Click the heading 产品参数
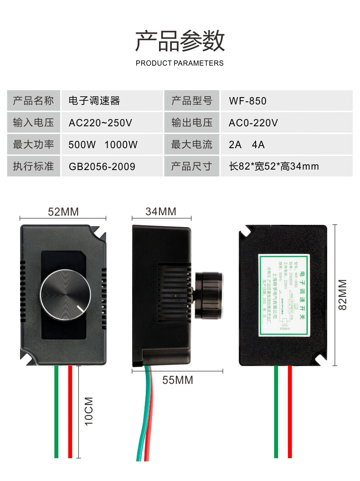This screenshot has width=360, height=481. pos(180,41)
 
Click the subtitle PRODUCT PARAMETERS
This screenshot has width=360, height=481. pos(180,63)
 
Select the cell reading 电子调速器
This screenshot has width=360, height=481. pos(94,101)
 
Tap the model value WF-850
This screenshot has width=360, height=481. pos(247,101)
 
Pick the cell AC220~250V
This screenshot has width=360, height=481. pos(100,123)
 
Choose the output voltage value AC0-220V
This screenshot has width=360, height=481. pos(253,123)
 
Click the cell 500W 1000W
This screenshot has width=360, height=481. pos(103,145)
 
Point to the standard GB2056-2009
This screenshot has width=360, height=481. pos(102,166)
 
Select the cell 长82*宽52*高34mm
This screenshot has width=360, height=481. pos(273,166)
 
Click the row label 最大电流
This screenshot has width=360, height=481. pos(192,145)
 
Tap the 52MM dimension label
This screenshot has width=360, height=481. pos(63,212)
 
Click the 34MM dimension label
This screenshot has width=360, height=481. pos(161,212)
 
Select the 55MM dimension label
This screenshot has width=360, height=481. pos(178,380)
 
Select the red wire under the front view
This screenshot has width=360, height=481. pos(70,410)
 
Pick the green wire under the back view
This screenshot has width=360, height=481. pos(276,410)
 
